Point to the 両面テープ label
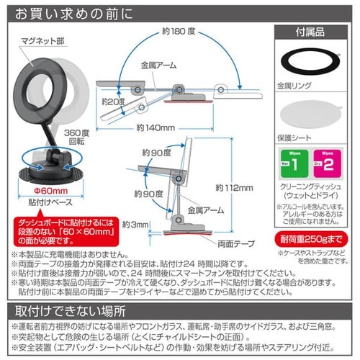[x=240, y=243]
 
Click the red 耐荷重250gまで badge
[x=312, y=238]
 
